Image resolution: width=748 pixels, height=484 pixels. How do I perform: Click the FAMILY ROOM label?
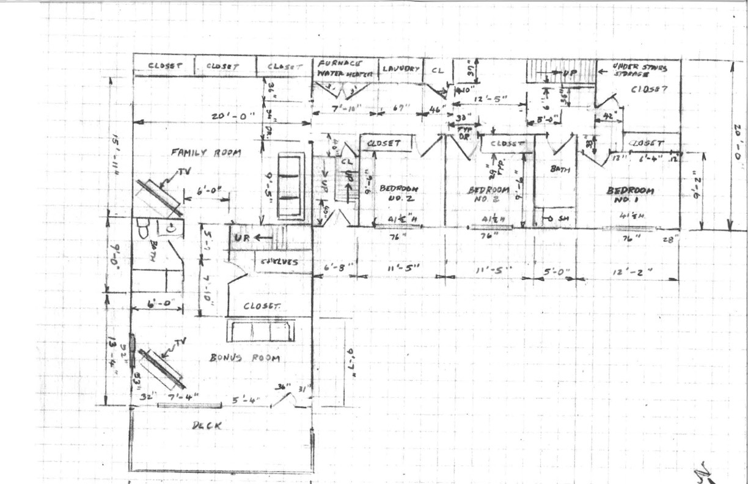click(205, 153)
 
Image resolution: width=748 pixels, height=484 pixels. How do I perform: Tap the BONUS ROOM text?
click(244, 358)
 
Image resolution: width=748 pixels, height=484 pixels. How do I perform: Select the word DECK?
click(205, 425)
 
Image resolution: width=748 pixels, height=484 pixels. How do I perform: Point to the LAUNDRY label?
click(400, 68)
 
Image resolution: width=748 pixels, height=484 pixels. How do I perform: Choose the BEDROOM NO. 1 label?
click(629, 195)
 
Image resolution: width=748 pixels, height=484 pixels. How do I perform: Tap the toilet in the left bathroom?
click(142, 229)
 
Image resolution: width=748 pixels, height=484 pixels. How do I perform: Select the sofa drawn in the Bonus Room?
click(262, 331)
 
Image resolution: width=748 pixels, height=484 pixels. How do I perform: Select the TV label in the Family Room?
click(184, 173)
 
